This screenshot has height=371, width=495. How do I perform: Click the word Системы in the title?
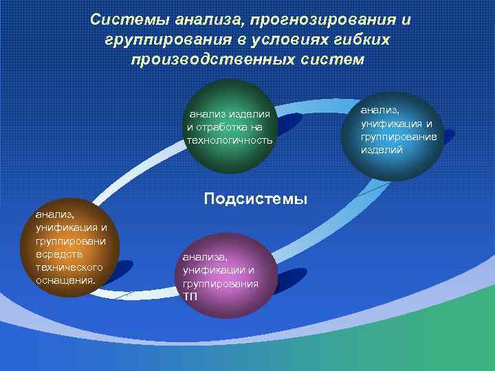tap(130, 19)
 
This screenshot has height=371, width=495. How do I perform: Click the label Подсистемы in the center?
tap(256, 199)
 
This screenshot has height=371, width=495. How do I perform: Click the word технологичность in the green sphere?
tap(230, 140)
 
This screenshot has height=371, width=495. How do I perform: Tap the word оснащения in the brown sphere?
tap(65, 280)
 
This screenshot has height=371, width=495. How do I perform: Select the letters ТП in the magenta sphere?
tap(190, 296)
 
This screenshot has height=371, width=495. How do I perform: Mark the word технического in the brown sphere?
tap(69, 267)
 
